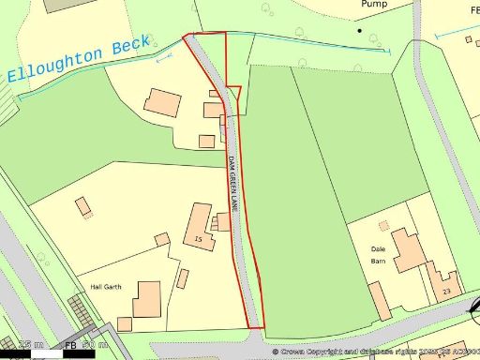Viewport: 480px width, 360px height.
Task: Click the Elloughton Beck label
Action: coord(79,59)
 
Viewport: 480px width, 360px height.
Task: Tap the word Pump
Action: coord(374,5)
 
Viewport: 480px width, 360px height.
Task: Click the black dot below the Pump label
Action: coord(359,30)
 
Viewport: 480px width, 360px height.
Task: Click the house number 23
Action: coord(446,292)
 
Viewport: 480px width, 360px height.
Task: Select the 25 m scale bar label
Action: coord(31,345)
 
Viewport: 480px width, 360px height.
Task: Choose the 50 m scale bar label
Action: coord(95,345)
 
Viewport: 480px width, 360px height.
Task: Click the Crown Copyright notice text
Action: coord(375,352)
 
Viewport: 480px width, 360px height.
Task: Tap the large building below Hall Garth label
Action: coord(148,299)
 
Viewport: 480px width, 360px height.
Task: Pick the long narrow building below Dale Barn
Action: coord(379,300)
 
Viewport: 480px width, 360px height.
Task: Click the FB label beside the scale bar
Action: coord(71,345)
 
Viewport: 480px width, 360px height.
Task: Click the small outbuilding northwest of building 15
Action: coord(82,205)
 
